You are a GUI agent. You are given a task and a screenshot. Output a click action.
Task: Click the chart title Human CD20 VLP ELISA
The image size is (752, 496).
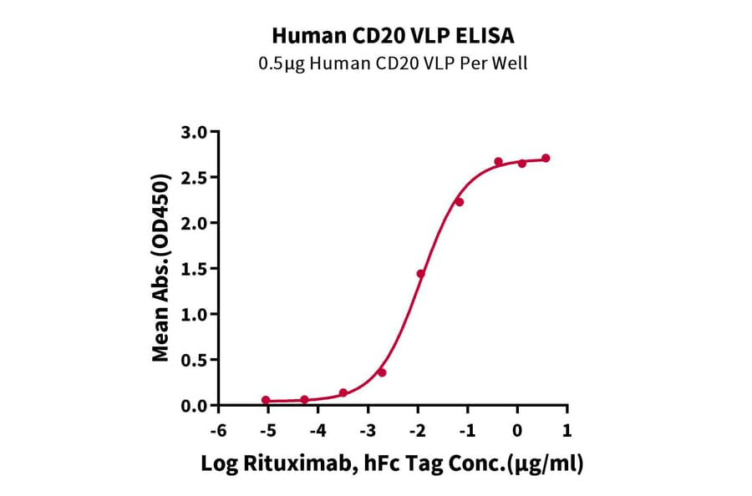(x=393, y=36)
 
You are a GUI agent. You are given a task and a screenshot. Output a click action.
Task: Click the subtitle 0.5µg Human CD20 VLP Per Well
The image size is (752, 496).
(x=393, y=63)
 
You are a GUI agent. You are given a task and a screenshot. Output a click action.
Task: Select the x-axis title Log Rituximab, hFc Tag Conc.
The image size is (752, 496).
(x=392, y=463)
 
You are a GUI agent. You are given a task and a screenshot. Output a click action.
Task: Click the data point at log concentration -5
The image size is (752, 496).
(x=266, y=400)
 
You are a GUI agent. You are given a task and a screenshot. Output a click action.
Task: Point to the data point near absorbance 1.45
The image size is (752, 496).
(x=421, y=274)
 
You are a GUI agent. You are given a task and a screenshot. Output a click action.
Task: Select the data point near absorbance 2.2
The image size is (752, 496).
(x=460, y=202)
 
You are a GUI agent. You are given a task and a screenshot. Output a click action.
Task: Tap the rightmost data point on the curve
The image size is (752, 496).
(x=546, y=158)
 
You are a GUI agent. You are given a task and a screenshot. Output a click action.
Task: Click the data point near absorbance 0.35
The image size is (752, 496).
(x=382, y=372)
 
